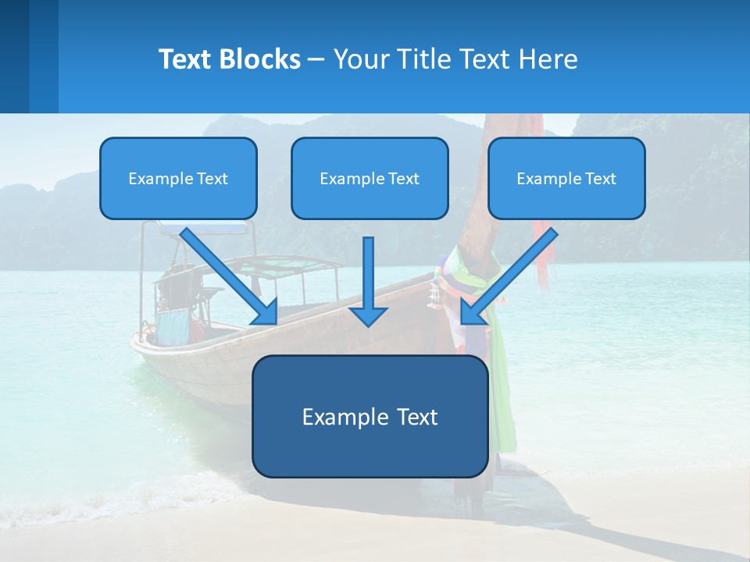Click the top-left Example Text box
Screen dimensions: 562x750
(178, 178)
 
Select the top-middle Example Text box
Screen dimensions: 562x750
(370, 178)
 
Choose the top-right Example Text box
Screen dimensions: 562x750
(566, 178)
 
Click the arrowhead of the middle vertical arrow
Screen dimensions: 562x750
(368, 316)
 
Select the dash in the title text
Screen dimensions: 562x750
(316, 59)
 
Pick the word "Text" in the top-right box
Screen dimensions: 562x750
(601, 179)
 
